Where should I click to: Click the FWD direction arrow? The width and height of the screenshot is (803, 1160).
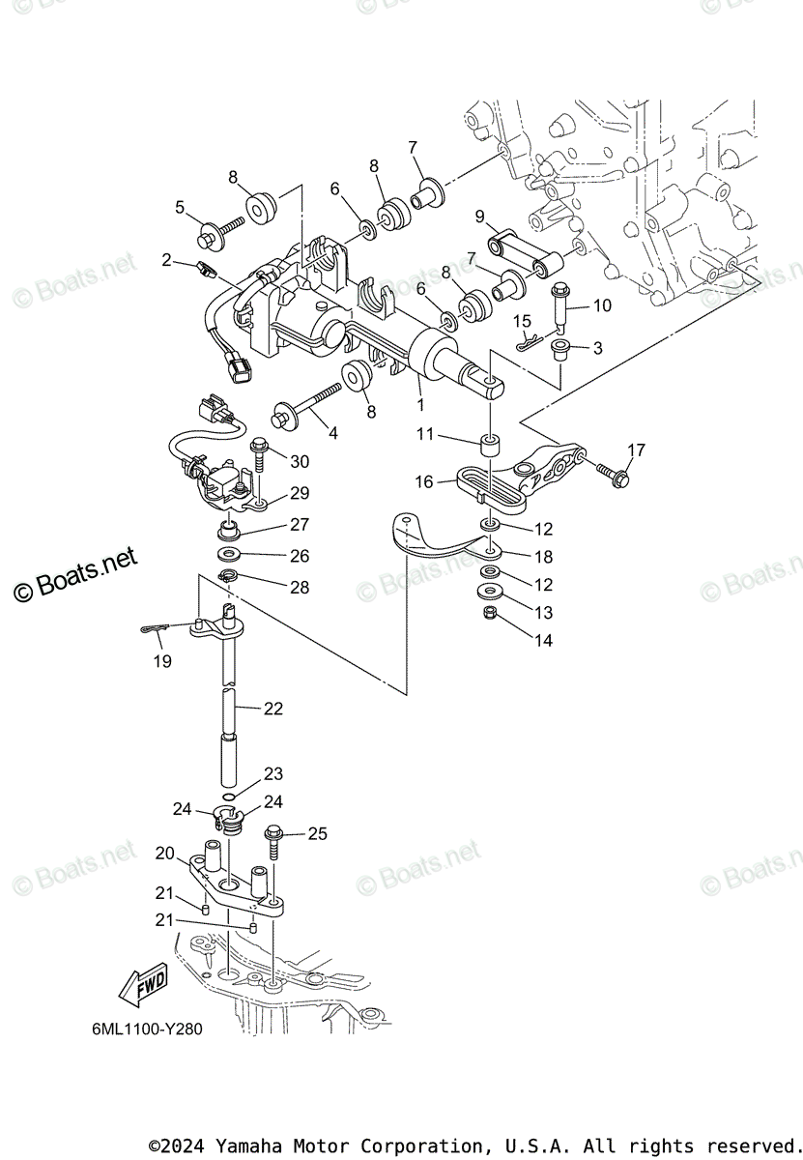point(141,987)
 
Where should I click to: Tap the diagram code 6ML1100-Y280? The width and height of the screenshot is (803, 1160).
point(142,1029)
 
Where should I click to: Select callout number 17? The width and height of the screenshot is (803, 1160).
point(635,449)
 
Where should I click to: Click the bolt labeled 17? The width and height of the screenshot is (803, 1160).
point(612,473)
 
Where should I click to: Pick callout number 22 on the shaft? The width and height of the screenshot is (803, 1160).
point(272,709)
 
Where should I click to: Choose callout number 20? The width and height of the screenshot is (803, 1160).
point(164,854)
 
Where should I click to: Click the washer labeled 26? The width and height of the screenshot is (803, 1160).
point(231,555)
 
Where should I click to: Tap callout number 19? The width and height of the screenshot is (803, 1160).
point(161,661)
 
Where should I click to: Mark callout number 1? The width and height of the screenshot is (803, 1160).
point(420,404)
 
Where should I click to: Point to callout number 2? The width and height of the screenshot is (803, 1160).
point(167,260)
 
